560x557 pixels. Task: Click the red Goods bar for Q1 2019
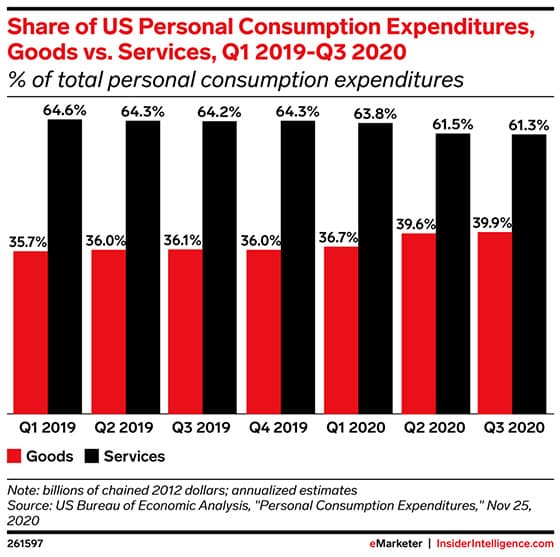point(31,332)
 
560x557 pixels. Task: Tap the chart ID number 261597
point(28,541)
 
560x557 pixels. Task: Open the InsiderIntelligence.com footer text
point(492,541)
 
